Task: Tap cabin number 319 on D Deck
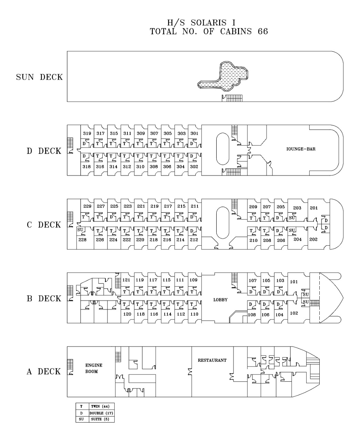tap(87, 133)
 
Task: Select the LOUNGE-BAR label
tap(301, 149)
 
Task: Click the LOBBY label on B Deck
tap(220, 300)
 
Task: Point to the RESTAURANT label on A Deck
tap(212, 360)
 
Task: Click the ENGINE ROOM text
tap(94, 368)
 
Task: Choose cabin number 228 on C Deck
tap(82, 240)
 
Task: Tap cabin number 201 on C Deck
tap(313, 208)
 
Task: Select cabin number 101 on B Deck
tap(294, 282)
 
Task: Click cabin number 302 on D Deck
tap(194, 166)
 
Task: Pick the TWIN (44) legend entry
tap(100, 406)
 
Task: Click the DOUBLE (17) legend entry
tap(101, 413)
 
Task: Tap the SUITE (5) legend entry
tap(100, 419)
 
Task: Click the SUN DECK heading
tap(39, 77)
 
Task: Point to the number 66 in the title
tap(263, 31)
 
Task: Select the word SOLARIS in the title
tap(206, 23)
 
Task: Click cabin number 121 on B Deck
tap(126, 280)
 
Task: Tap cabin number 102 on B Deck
tap(294, 313)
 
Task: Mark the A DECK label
tap(43, 371)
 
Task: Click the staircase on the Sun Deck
tap(232, 98)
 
